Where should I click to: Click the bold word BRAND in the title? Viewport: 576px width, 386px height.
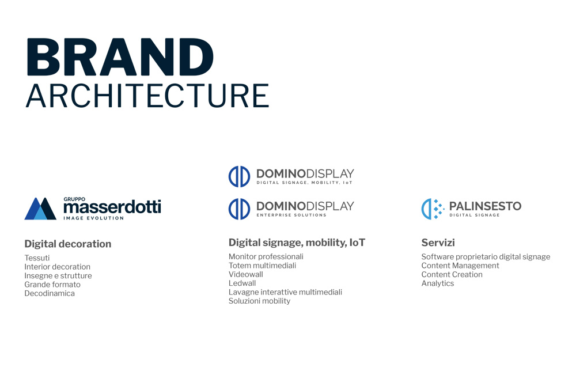tap(120, 57)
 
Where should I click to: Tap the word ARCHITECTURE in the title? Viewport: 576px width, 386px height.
tap(147, 96)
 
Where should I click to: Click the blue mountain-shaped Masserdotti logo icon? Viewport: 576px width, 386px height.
tap(40, 209)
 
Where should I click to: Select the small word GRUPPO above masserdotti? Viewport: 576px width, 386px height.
tap(74, 199)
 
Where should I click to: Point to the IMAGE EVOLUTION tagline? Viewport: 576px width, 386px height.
tap(94, 218)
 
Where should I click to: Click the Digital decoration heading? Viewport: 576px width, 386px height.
tap(67, 244)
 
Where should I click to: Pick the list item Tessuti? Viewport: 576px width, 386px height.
tap(37, 258)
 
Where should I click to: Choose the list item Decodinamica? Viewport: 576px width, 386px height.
tap(49, 293)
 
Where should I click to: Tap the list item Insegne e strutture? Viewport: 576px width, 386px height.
tap(58, 275)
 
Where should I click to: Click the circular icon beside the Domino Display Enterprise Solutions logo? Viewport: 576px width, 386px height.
tap(239, 209)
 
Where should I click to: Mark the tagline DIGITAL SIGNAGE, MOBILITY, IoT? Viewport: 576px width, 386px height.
tap(304, 183)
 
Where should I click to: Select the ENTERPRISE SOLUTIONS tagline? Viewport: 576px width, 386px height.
tap(291, 215)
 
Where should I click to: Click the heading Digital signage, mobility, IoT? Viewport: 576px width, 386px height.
tap(297, 243)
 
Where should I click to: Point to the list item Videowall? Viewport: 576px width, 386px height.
tap(246, 274)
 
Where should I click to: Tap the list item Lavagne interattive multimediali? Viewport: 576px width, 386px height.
tap(285, 292)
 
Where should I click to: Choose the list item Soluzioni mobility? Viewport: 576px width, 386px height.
tap(259, 301)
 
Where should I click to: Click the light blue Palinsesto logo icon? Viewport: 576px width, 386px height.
tap(433, 209)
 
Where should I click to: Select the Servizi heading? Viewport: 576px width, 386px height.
tap(438, 243)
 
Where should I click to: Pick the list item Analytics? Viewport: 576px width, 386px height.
tap(438, 283)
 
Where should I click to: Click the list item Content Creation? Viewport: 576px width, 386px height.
tap(452, 274)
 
